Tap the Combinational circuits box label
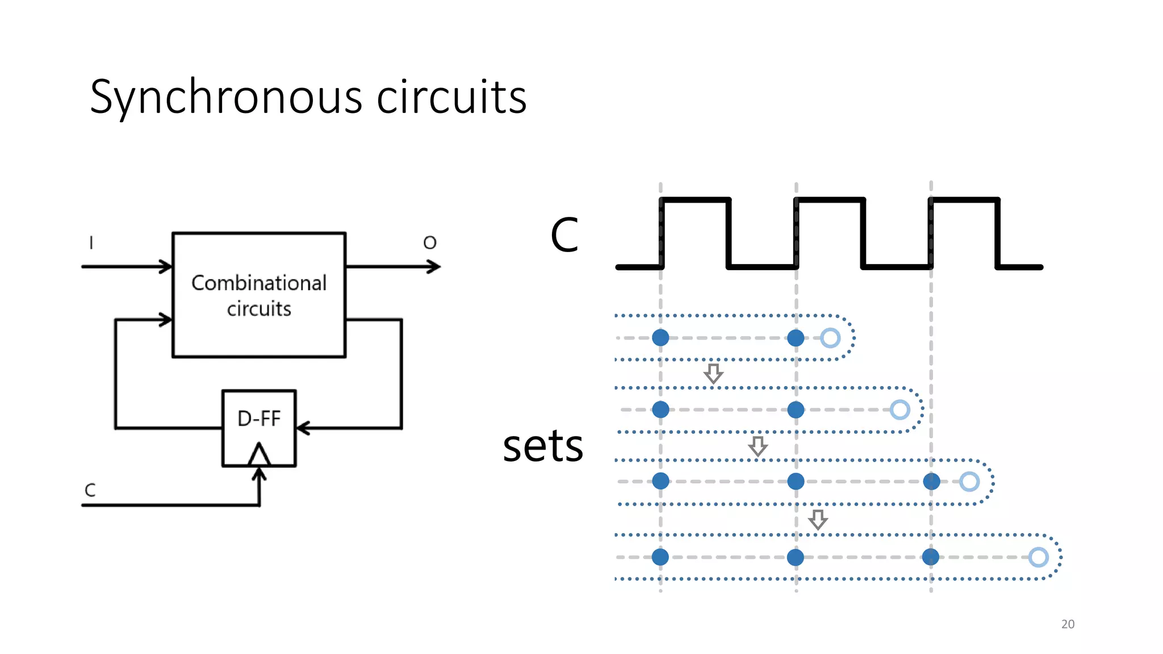pos(259,295)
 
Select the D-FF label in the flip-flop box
pos(259,419)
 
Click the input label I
pos(91,243)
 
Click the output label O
pos(430,243)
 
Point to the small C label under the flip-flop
pos(90,490)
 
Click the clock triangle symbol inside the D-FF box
pos(259,455)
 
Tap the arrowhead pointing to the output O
pos(434,266)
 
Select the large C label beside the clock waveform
pos(564,235)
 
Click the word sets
pos(543,446)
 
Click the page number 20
pos(1068,624)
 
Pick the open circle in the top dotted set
pos(830,338)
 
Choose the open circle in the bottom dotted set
pos(1038,557)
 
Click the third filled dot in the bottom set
pos(930,557)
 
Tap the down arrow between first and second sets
pos(713,374)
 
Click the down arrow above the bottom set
pos(818,519)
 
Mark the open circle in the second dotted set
pos(900,409)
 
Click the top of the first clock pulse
pos(696,199)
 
